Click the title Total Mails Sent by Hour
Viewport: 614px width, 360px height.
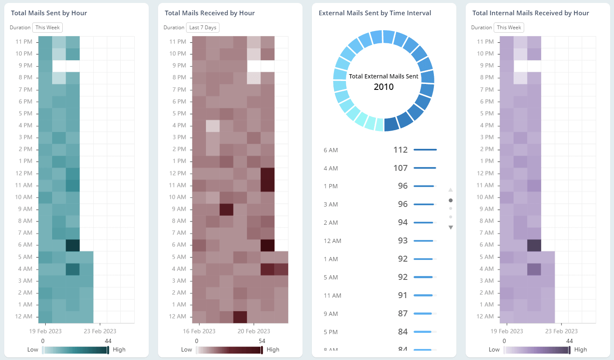click(x=49, y=13)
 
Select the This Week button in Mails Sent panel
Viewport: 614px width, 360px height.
click(x=47, y=28)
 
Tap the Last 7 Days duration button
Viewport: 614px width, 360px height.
click(x=203, y=28)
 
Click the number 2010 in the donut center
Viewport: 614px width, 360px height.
click(x=383, y=87)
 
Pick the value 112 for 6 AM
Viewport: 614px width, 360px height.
click(x=400, y=150)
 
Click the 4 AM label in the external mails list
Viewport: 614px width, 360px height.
click(x=331, y=168)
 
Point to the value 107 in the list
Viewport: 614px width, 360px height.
click(x=400, y=168)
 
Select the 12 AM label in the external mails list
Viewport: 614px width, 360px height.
click(x=332, y=241)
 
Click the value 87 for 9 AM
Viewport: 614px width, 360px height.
click(x=403, y=313)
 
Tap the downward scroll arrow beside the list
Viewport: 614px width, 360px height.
click(x=450, y=228)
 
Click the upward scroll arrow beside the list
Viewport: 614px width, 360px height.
click(x=450, y=190)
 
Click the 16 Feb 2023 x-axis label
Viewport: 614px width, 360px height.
click(x=199, y=331)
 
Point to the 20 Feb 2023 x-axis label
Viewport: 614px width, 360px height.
click(x=254, y=331)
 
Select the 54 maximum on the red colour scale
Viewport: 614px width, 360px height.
click(x=262, y=341)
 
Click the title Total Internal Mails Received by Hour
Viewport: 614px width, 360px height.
click(x=531, y=13)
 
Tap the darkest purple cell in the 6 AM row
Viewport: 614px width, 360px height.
click(x=534, y=245)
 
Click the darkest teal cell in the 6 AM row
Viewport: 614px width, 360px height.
click(x=72, y=245)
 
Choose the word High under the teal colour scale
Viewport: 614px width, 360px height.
click(x=119, y=350)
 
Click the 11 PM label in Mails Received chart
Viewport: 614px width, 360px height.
click(x=178, y=42)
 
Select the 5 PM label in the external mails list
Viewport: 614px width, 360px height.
click(x=331, y=332)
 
